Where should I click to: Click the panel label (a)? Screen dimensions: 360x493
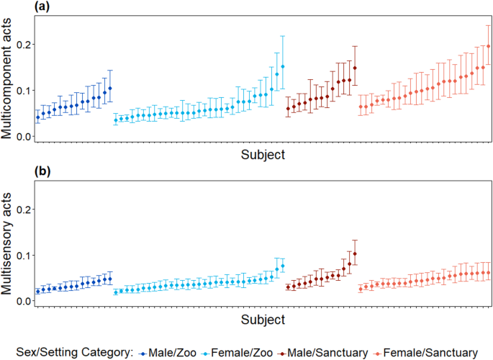[x=14, y=7]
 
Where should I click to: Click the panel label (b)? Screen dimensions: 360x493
[x=14, y=172]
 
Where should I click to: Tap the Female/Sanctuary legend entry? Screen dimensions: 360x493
[x=432, y=352]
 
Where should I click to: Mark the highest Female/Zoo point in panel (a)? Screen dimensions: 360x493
[x=283, y=67]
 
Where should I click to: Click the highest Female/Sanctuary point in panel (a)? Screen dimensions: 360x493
[x=489, y=47]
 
